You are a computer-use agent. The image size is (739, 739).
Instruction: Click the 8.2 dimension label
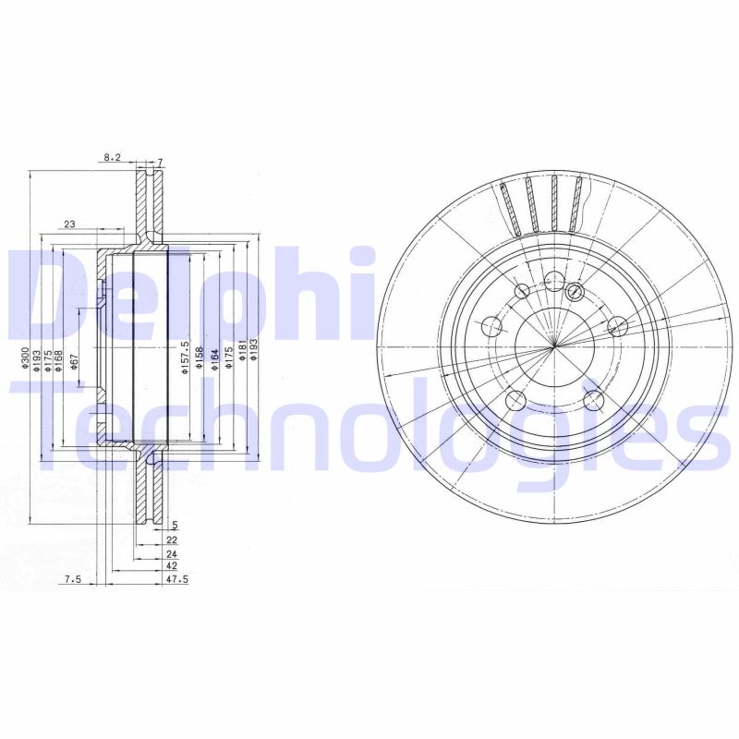[112, 158]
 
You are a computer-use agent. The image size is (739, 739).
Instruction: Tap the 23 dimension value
[69, 224]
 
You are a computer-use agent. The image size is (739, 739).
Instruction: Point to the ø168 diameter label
[59, 360]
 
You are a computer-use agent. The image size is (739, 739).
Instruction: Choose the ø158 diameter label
[200, 360]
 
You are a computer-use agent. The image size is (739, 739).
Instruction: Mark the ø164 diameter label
[213, 360]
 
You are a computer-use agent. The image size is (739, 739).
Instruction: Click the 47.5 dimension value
[176, 579]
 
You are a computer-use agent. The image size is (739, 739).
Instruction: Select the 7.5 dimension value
[73, 579]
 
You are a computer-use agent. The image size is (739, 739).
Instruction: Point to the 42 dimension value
[172, 565]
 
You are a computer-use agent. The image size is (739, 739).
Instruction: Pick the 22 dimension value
[172, 539]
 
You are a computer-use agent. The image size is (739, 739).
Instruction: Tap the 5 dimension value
[174, 525]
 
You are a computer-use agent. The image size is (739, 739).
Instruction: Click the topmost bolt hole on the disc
[553, 280]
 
